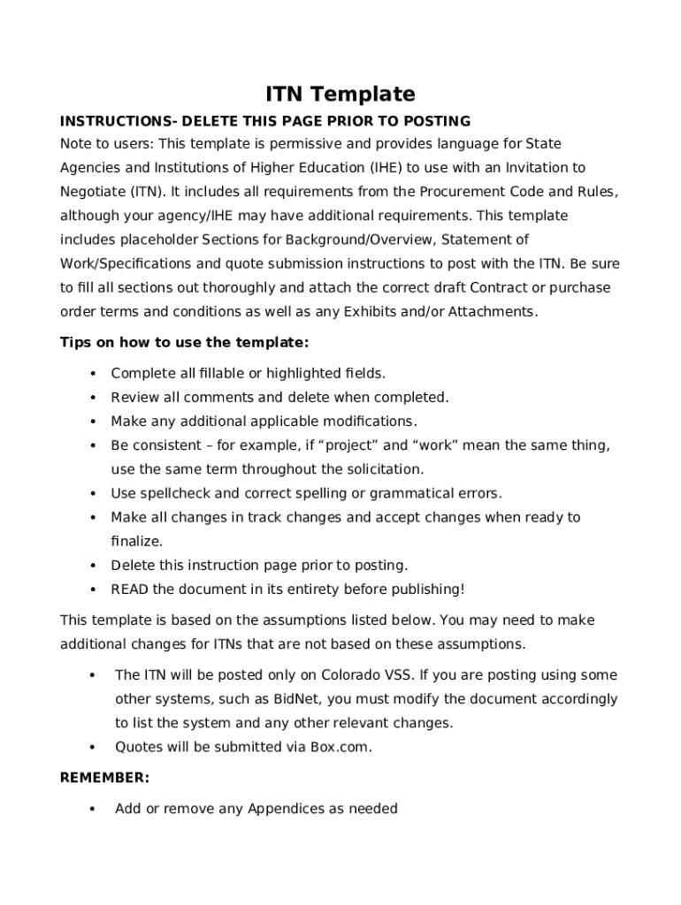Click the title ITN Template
click(340, 95)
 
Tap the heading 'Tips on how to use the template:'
click(184, 342)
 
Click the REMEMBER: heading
click(104, 778)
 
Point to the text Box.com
click(340, 747)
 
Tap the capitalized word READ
click(130, 589)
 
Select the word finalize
click(136, 541)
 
